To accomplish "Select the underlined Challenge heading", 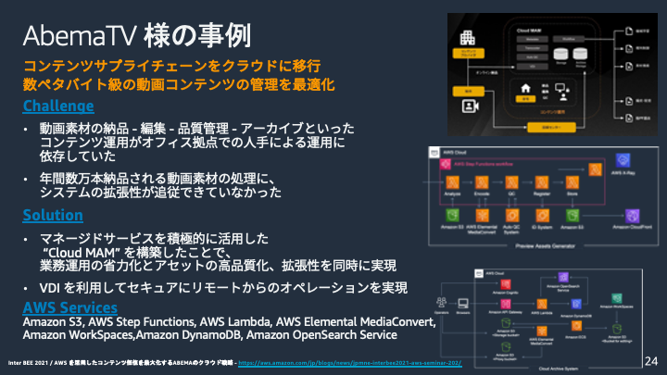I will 57,105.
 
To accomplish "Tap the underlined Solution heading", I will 53,215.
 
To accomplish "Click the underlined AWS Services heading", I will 70,306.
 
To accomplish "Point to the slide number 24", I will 649,359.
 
